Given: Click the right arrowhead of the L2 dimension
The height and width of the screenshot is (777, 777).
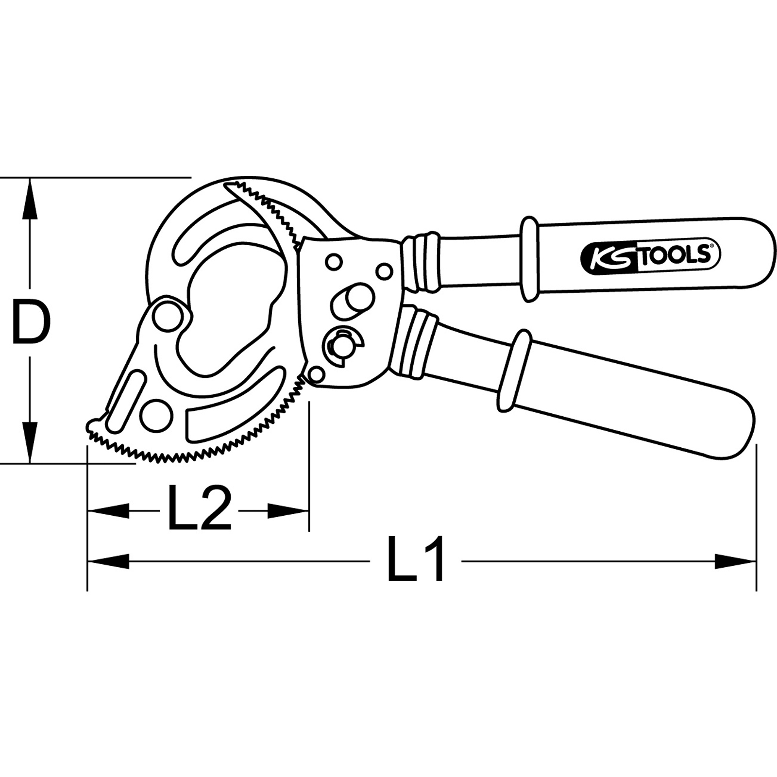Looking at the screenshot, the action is tap(288, 510).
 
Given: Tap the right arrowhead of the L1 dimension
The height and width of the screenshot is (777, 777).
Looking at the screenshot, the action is tap(735, 562).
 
